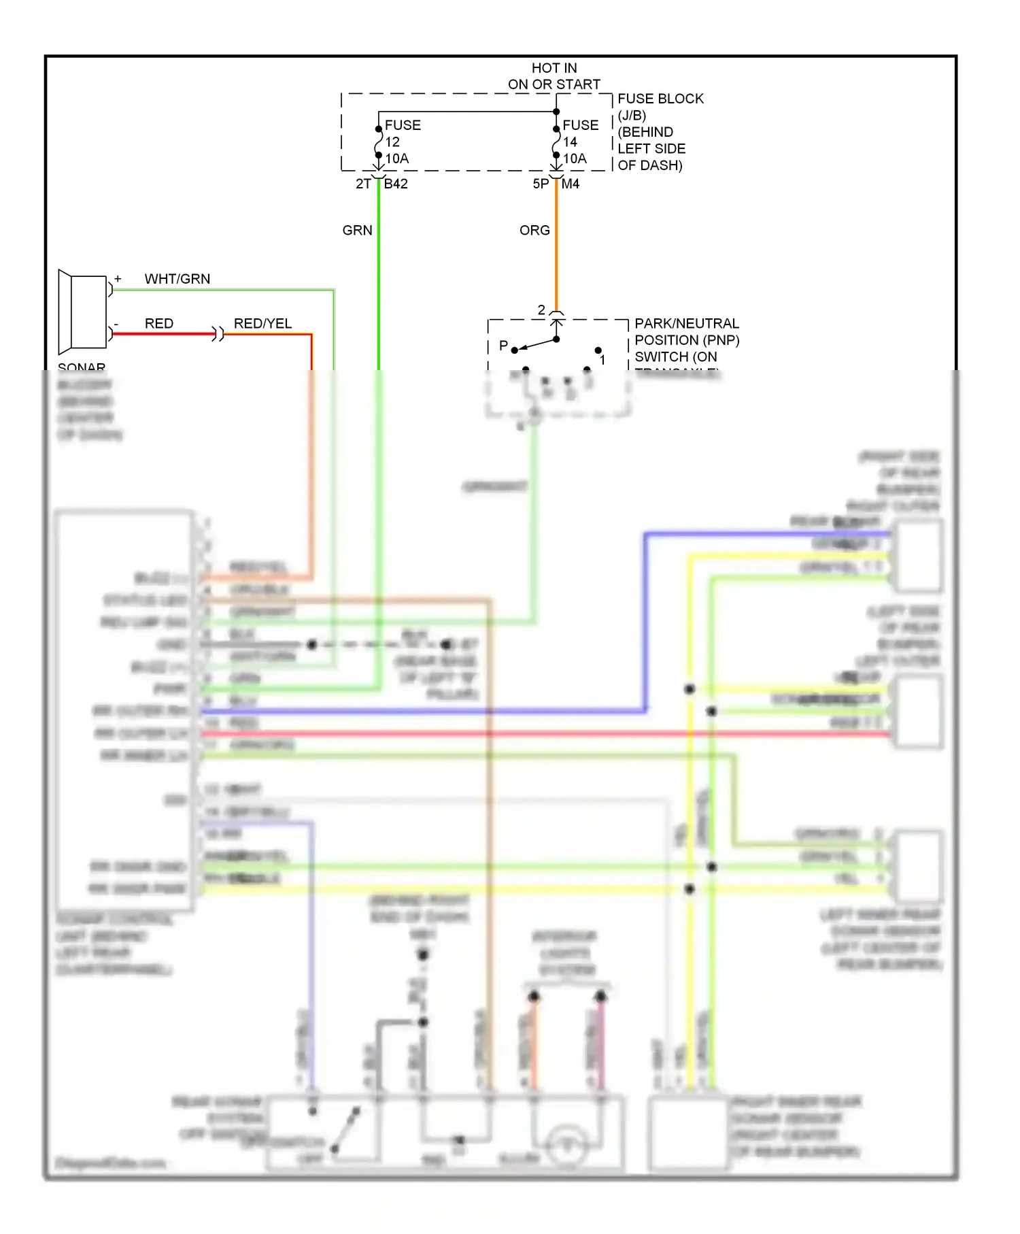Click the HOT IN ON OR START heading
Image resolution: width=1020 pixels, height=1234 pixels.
[x=554, y=76]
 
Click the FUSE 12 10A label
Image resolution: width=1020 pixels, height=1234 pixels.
[x=401, y=141]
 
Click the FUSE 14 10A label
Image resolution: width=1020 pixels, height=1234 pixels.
[x=579, y=141]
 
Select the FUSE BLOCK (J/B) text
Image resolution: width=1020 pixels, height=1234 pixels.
[x=659, y=107]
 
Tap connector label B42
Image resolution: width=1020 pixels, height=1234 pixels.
[x=396, y=184]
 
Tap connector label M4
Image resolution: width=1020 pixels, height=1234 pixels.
[x=571, y=184]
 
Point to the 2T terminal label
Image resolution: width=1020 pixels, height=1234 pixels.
[x=363, y=184]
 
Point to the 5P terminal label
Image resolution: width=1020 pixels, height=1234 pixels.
[x=541, y=184]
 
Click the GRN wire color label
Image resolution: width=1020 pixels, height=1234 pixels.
[x=357, y=231]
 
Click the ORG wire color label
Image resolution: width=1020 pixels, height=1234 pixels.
[x=534, y=231]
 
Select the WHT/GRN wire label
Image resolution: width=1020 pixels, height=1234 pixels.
[x=177, y=279]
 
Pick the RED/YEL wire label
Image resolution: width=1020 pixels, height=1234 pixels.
[x=262, y=324]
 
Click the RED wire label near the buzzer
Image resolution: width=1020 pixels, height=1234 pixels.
[x=159, y=324]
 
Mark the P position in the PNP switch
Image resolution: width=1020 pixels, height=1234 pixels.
[x=503, y=346]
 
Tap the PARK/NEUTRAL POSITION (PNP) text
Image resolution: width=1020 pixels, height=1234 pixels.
[x=687, y=332]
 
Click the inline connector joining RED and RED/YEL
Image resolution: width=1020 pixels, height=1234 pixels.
[x=218, y=334]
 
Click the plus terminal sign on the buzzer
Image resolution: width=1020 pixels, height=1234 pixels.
[x=118, y=279]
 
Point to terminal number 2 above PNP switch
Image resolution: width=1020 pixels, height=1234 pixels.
[x=541, y=310]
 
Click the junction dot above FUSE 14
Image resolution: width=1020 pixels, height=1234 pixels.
[x=556, y=112]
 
